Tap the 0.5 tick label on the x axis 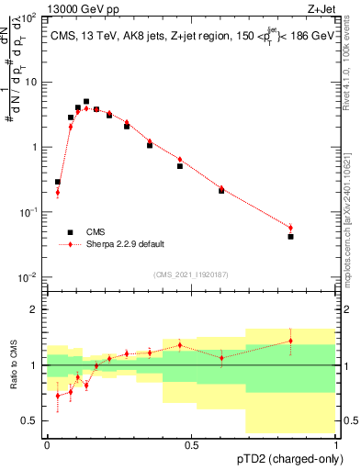(x=191, y=444)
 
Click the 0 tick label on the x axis (x=48, y=444)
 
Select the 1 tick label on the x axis (x=336, y=444)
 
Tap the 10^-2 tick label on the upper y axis (x=28, y=277)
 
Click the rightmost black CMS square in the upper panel (x=290, y=236)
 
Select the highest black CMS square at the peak (x=86, y=102)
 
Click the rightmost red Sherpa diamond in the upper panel (x=290, y=228)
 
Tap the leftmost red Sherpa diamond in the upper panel (x=57, y=192)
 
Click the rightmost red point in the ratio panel (x=290, y=341)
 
